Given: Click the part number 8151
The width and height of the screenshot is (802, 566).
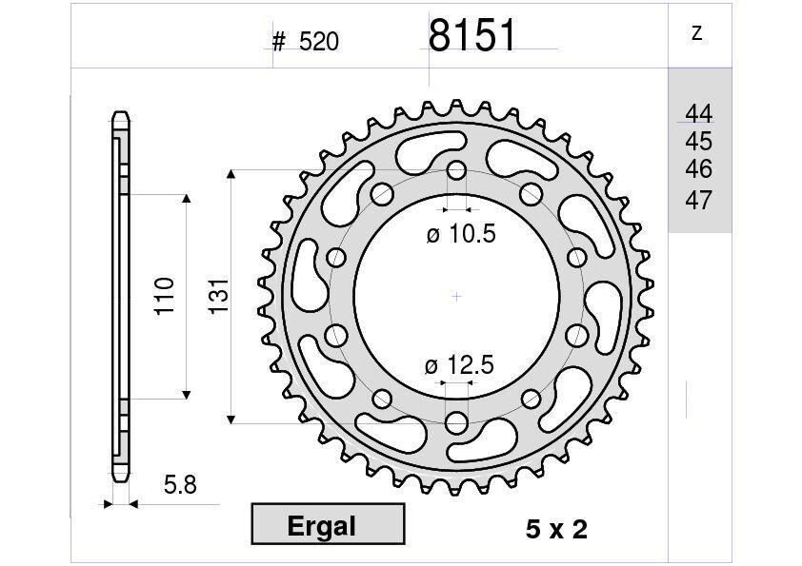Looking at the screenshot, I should tap(472, 35).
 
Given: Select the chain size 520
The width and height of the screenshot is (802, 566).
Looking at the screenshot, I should tap(319, 42).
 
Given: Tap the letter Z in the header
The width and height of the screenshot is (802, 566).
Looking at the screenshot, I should tap(697, 33).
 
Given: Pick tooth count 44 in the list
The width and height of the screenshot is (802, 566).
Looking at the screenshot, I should tap(698, 114).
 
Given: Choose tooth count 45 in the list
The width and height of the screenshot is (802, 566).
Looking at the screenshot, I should tap(698, 142).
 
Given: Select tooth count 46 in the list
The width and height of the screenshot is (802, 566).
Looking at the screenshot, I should tap(698, 169).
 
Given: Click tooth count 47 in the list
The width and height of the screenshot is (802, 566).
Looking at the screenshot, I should tap(698, 200).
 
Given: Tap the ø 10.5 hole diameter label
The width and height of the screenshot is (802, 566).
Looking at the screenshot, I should tap(461, 234).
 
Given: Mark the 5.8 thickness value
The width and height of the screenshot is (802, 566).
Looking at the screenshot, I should tap(179, 485).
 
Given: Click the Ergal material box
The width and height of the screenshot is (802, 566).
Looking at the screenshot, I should tap(328, 525).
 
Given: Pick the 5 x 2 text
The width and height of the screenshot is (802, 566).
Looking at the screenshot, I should tap(556, 530).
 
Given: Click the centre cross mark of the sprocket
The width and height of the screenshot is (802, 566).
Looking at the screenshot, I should tap(456, 297).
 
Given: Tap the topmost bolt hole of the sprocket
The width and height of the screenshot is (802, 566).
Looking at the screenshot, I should tap(456, 172).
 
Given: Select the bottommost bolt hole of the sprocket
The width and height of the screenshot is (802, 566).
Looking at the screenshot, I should tap(456, 421).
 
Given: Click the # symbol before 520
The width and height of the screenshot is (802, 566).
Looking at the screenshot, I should tap(279, 42).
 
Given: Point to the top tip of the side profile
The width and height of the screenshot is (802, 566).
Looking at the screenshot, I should tap(120, 113).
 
